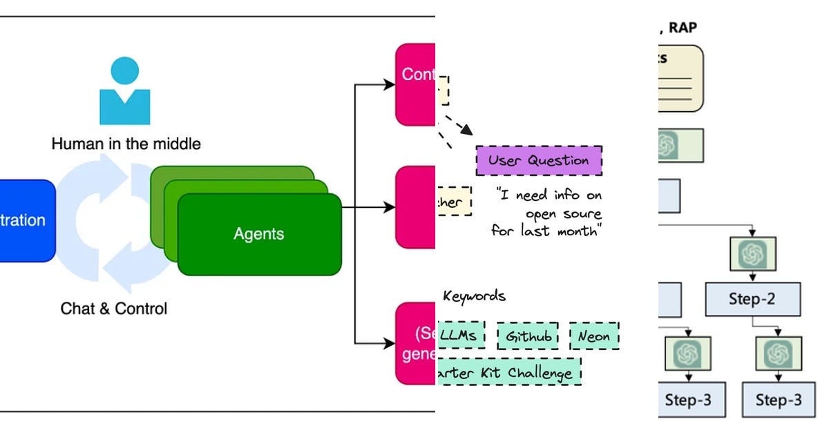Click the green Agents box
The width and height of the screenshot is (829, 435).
pos(259,234)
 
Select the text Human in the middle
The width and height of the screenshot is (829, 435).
pos(126,144)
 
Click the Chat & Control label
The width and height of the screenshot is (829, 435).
pos(114,309)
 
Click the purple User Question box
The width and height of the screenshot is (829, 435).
pos(539,160)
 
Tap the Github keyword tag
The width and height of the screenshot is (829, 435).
pos(528,336)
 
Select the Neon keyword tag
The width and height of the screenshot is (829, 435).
pos(594,336)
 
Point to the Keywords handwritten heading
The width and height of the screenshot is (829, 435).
pos(474,296)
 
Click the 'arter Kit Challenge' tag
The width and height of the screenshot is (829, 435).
pos(508,373)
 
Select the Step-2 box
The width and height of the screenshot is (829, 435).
pos(752,299)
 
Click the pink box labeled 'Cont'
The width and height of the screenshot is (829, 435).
pos(415,84)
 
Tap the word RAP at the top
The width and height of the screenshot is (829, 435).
pos(682,28)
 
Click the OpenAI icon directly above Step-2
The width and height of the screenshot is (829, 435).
pos(752,253)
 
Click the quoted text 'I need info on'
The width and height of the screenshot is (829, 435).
pos(549,195)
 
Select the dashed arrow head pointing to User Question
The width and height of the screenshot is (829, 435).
pos(468,130)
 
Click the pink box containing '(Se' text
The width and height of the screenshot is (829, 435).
pos(415,343)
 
